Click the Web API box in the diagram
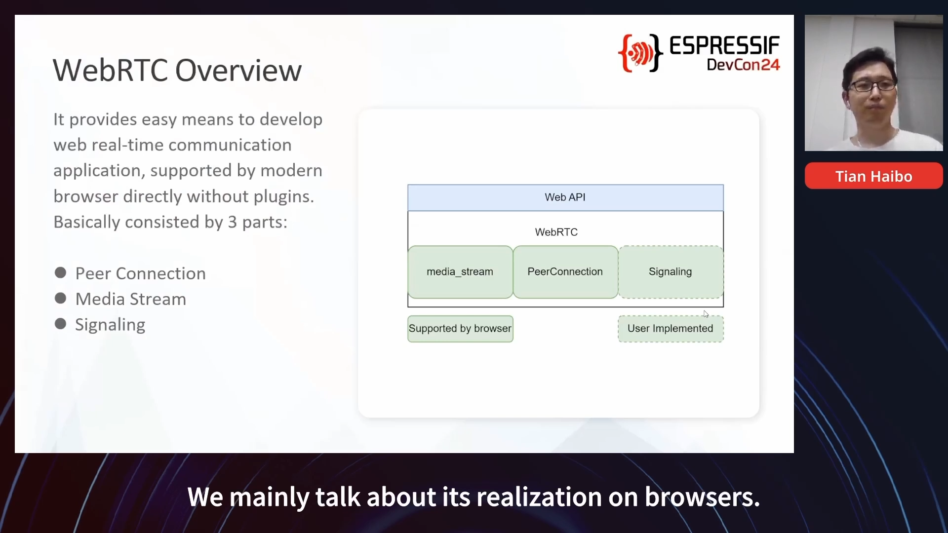tap(565, 197)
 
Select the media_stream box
tap(460, 272)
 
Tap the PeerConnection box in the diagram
tap(565, 272)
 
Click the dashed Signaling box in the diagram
tap(671, 272)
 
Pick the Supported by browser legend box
tap(460, 329)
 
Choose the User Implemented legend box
tap(671, 329)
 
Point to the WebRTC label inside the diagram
tap(556, 232)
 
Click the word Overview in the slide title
tap(238, 70)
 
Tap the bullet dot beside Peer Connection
tap(61, 273)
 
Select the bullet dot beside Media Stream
tap(61, 299)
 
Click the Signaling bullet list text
tap(110, 325)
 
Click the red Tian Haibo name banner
tap(873, 176)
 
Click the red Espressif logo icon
tap(640, 53)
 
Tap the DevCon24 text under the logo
tap(743, 65)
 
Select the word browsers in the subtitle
tap(702, 497)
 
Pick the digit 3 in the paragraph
tap(233, 222)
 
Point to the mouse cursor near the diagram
tap(706, 314)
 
